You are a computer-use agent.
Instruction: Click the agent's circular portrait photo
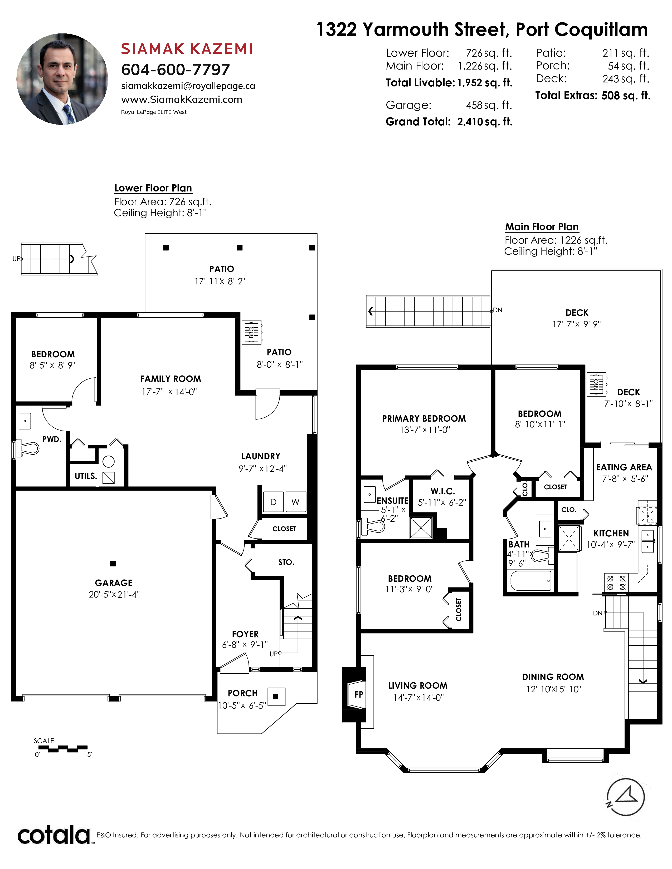point(62,79)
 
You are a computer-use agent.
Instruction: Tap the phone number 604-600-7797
point(176,70)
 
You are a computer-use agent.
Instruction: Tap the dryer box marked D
point(274,502)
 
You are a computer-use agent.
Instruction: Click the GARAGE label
point(114,582)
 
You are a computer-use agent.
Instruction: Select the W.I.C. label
point(443,491)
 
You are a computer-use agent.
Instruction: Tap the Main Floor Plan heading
point(542,227)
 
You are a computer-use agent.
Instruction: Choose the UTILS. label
point(86,476)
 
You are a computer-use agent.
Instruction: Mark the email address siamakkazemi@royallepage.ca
point(188,86)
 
